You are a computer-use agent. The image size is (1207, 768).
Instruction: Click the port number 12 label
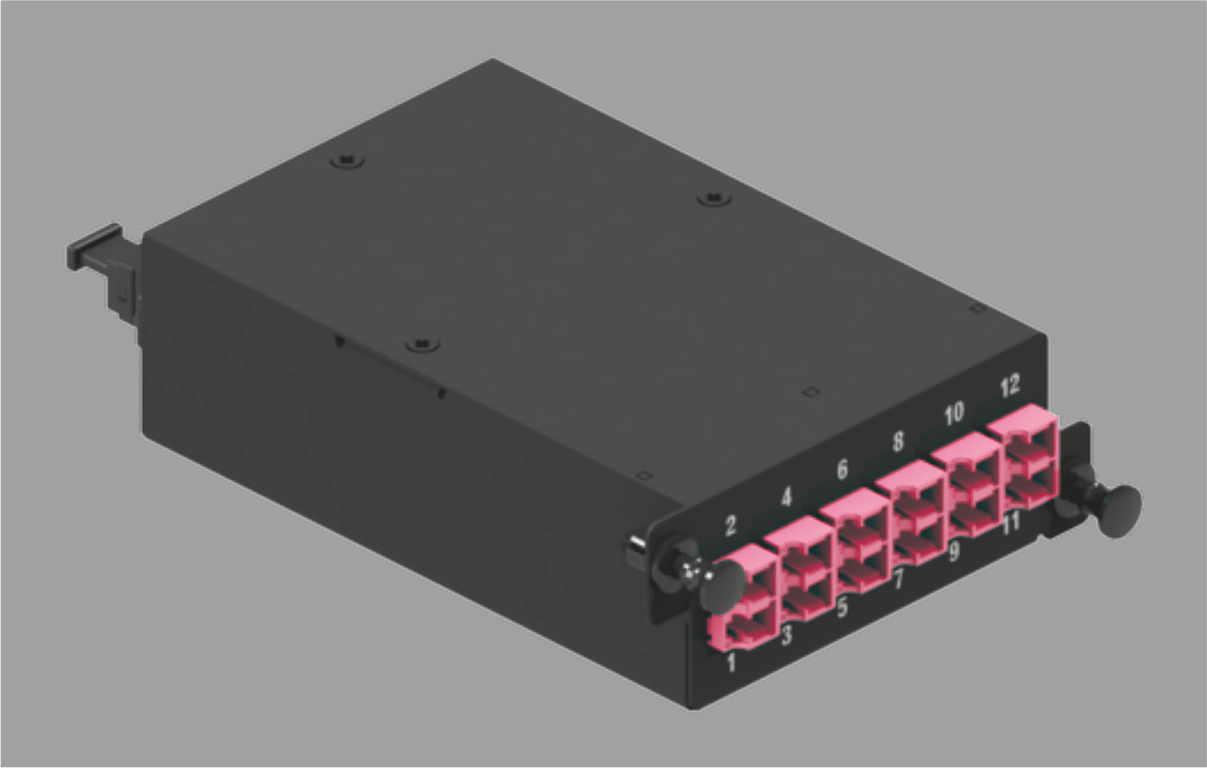(x=1010, y=386)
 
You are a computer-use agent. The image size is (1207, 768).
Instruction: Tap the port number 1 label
(x=731, y=662)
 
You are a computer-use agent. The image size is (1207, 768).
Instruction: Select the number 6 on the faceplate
(x=842, y=469)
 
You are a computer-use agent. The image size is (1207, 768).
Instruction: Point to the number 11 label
(x=1011, y=522)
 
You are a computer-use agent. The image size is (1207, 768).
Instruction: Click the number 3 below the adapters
(x=786, y=636)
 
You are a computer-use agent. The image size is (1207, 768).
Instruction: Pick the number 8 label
(x=898, y=441)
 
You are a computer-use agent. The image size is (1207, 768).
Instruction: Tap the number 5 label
(x=842, y=607)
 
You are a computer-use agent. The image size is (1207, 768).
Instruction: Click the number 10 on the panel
(x=954, y=413)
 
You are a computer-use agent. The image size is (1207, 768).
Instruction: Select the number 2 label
(x=730, y=525)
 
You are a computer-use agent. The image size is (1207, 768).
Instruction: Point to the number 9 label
(x=954, y=550)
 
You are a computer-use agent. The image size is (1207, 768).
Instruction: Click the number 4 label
(x=786, y=497)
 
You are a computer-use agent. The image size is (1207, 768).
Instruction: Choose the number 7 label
(x=899, y=579)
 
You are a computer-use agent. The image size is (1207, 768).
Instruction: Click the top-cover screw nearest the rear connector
(x=347, y=159)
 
